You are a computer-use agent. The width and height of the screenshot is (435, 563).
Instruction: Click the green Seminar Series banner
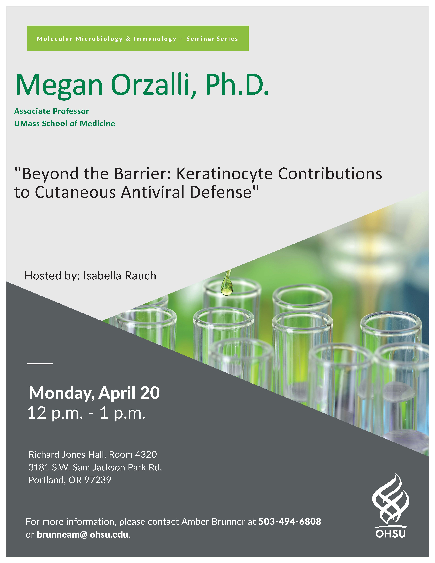(138, 38)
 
